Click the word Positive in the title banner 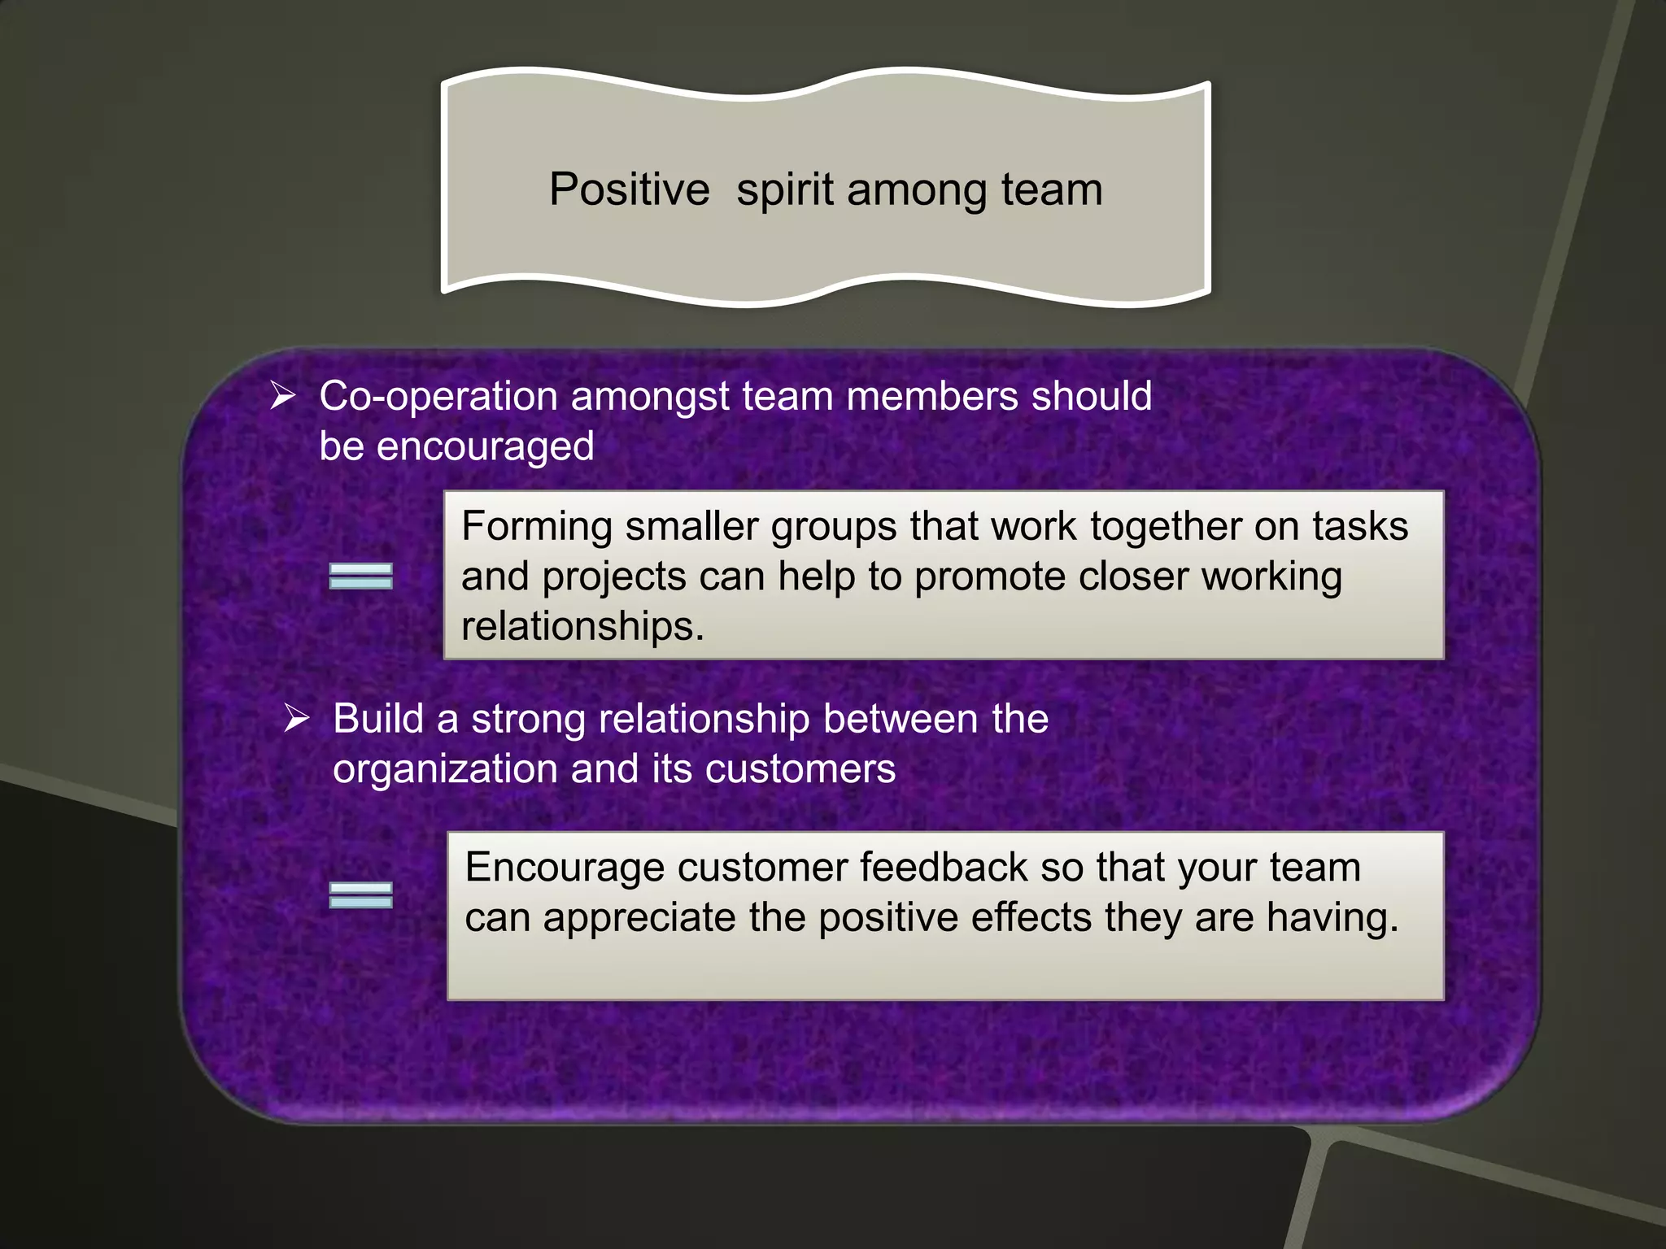629,190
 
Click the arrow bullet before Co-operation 282,396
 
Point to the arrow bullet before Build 296,719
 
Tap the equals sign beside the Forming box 360,576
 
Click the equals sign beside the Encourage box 360,894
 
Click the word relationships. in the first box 582,627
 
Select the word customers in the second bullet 800,769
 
